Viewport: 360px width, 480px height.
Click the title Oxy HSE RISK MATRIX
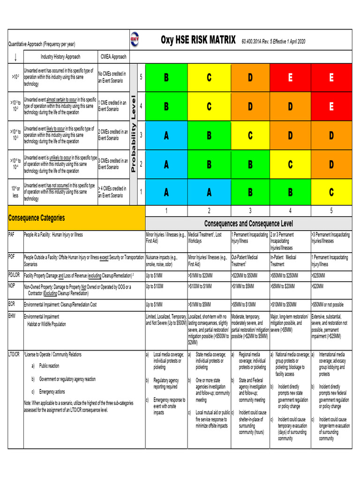(198, 41)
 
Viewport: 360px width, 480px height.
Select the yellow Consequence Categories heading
(37, 218)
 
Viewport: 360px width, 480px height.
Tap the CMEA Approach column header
(113, 57)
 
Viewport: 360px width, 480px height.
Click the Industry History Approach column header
(60, 57)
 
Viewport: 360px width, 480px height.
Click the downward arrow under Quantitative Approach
(15, 57)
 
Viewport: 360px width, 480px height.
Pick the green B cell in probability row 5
(166, 78)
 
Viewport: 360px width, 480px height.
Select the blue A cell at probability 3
(166, 135)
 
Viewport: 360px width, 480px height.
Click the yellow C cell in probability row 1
(331, 193)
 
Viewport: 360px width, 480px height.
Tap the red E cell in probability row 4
(331, 107)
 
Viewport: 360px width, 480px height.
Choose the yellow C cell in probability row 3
(250, 135)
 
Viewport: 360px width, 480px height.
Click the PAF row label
(11, 234)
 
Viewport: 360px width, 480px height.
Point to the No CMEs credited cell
(112, 77)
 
